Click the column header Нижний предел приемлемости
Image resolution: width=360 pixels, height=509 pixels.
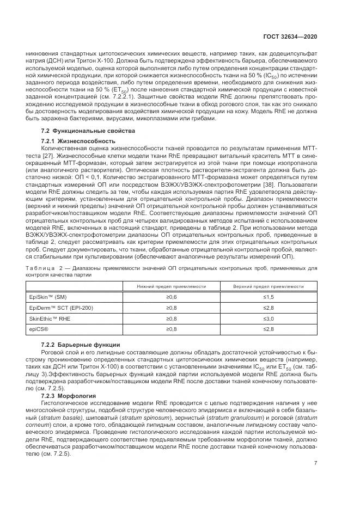(x=172, y=286)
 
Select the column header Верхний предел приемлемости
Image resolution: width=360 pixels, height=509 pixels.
(x=268, y=286)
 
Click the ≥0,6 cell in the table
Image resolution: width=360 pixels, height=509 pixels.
(x=172, y=297)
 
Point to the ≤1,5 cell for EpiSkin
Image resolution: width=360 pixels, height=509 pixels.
(x=268, y=297)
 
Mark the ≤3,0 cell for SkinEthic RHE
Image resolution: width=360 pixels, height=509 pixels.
(x=268, y=318)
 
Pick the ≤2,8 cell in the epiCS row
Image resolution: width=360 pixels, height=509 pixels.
(x=268, y=329)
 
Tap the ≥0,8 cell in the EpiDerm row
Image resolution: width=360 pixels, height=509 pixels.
(x=172, y=308)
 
